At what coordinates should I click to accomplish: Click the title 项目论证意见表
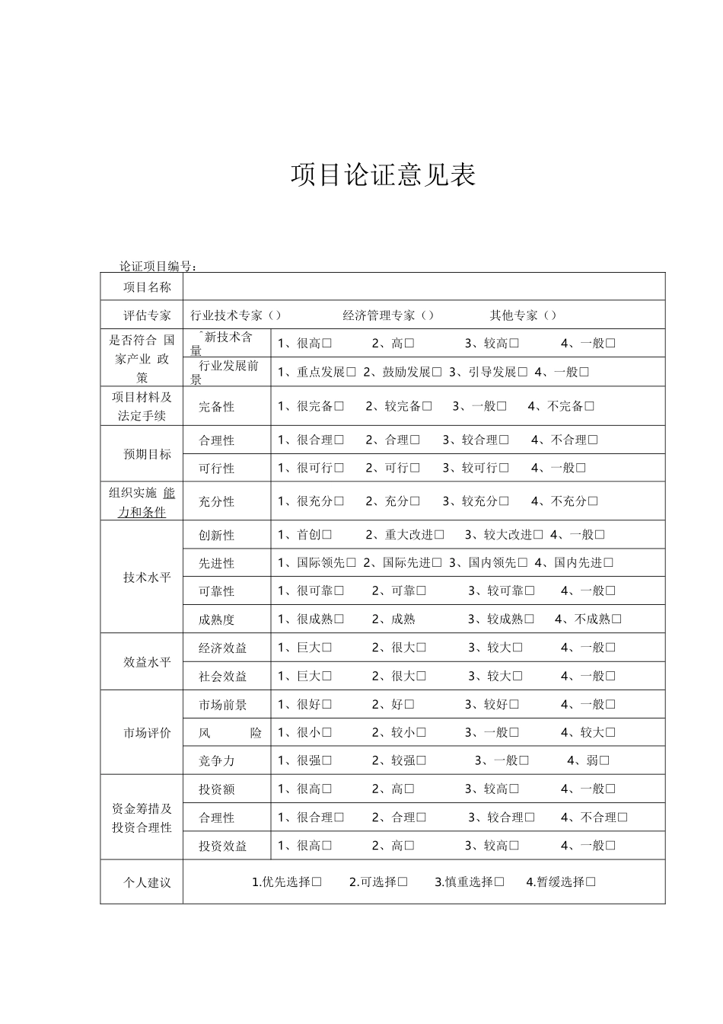click(x=383, y=175)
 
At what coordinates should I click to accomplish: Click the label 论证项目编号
click(x=158, y=266)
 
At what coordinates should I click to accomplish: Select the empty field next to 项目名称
click(x=423, y=287)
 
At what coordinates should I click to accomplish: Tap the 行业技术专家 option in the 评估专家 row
click(x=235, y=315)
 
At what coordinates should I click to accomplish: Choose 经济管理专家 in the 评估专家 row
click(x=387, y=315)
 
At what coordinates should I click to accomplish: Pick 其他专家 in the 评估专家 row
click(x=523, y=315)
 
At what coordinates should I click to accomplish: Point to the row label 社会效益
click(x=222, y=677)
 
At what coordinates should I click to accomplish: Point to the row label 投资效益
click(x=222, y=846)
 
